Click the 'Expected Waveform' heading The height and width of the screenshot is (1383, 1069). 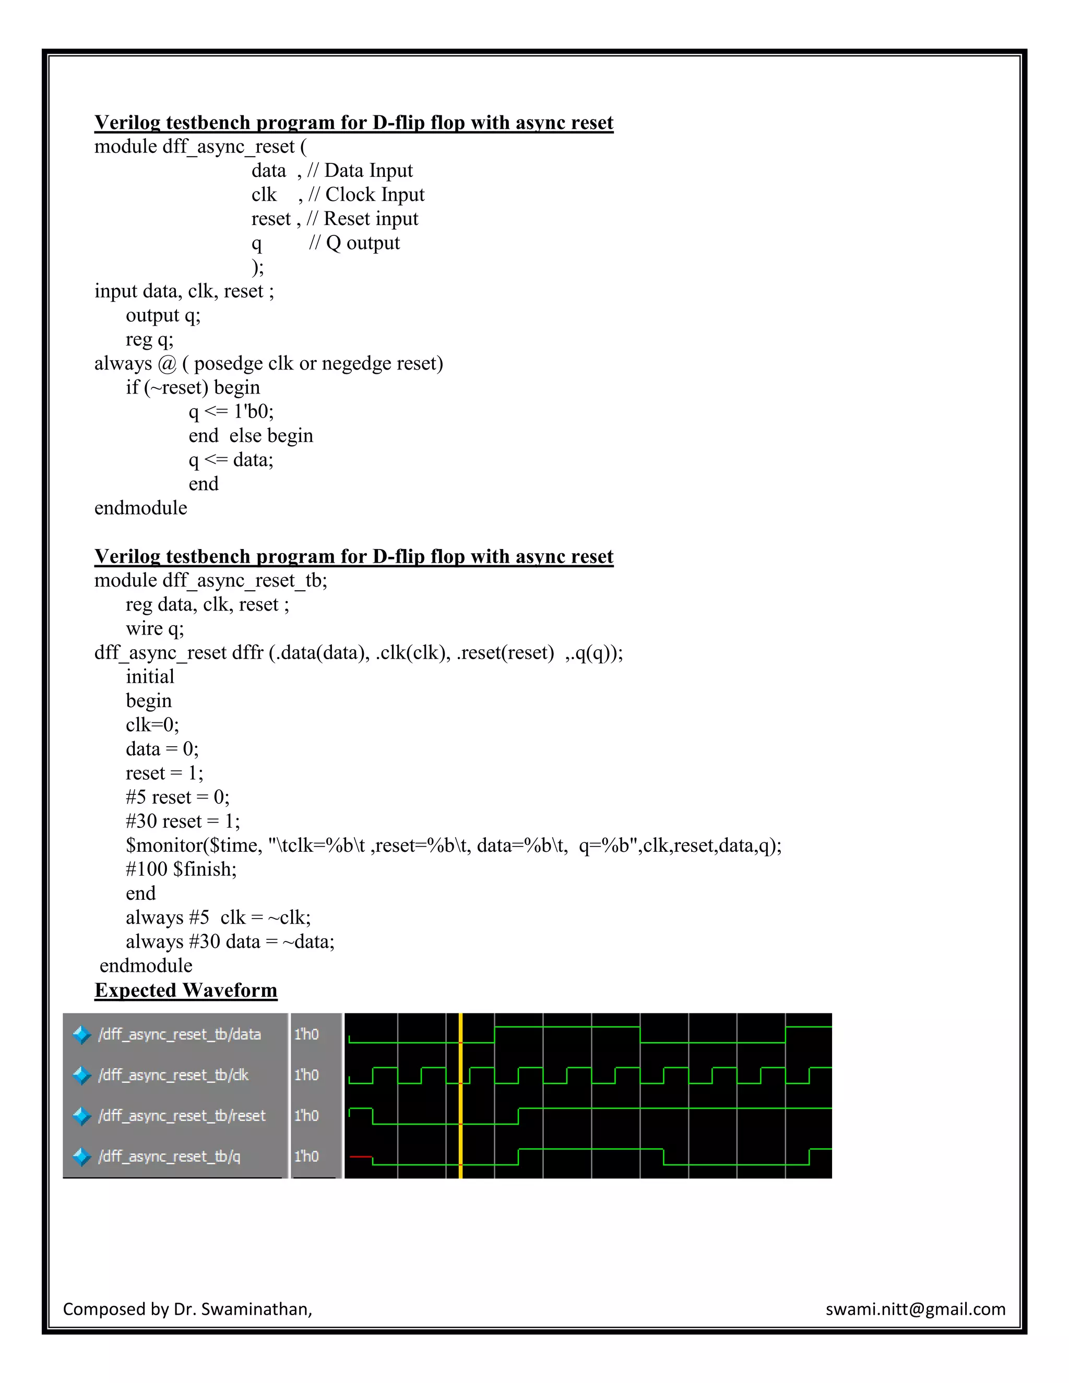(x=185, y=989)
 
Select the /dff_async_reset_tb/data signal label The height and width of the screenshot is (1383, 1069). (x=179, y=1034)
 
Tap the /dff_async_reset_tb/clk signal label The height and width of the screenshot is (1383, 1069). (x=173, y=1075)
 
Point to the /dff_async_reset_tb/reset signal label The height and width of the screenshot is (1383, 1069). (x=182, y=1115)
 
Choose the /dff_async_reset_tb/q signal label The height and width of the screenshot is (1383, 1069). (x=169, y=1157)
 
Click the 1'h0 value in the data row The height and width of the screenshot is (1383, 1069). (x=306, y=1034)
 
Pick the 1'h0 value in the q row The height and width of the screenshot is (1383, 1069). (x=306, y=1157)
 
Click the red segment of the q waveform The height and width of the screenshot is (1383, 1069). (x=360, y=1157)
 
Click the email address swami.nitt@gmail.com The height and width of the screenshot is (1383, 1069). (x=915, y=1309)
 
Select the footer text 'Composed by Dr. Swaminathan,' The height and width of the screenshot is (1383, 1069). (x=187, y=1309)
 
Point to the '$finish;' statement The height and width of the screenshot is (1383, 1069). (x=205, y=869)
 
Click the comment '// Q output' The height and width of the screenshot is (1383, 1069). (x=354, y=243)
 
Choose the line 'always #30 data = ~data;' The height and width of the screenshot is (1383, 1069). (x=230, y=941)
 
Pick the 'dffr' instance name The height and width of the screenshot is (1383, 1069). (x=247, y=653)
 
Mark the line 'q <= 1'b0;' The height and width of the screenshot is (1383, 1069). (x=231, y=412)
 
